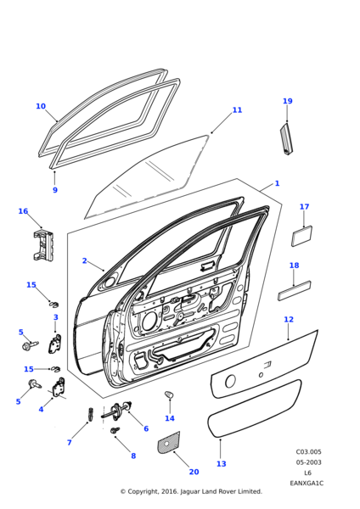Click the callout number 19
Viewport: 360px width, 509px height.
click(x=288, y=101)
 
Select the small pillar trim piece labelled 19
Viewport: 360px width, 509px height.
click(x=286, y=138)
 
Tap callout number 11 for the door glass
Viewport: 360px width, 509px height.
click(x=237, y=110)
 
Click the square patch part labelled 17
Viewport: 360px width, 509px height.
click(x=302, y=236)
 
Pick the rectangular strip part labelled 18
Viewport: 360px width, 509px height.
click(x=295, y=290)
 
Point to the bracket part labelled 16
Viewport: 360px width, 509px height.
click(x=43, y=245)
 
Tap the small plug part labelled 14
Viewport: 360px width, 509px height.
click(x=169, y=395)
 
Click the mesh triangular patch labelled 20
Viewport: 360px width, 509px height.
click(x=169, y=443)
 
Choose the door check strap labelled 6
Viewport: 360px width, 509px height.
click(x=118, y=410)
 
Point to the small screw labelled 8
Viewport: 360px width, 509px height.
click(x=115, y=430)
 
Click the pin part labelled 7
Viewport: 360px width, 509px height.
click(x=91, y=414)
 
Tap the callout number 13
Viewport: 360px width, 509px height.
click(x=222, y=464)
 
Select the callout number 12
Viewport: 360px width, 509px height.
click(x=289, y=320)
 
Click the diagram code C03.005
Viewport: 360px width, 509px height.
click(x=308, y=452)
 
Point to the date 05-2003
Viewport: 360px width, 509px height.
click(x=308, y=462)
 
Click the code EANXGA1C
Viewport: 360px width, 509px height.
click(x=307, y=484)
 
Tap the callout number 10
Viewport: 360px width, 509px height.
click(x=41, y=106)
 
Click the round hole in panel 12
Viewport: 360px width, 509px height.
click(x=230, y=381)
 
